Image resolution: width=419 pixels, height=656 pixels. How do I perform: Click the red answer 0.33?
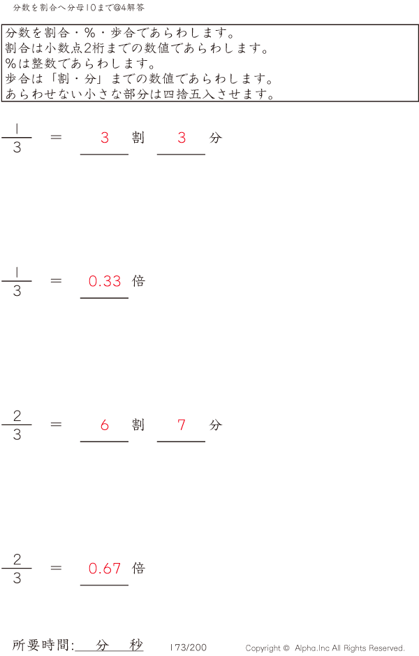click(x=105, y=281)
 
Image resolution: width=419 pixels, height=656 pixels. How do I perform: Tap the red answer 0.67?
click(x=105, y=569)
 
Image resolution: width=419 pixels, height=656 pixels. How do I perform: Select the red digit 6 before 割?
click(x=105, y=425)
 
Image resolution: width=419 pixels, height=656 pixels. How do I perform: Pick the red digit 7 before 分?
click(x=182, y=425)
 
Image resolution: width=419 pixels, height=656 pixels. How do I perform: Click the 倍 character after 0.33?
click(x=138, y=281)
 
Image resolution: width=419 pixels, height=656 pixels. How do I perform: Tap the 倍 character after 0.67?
click(x=138, y=569)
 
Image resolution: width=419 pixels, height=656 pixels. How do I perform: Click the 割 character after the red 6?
click(x=138, y=425)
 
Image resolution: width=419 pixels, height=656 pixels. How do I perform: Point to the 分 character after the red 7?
click(x=215, y=425)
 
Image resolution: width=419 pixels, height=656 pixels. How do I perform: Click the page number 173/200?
click(x=189, y=648)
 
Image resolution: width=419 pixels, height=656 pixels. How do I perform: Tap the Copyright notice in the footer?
click(x=325, y=648)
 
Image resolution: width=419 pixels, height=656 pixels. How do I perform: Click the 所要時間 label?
click(x=43, y=646)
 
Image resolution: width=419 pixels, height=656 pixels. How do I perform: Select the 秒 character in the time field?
click(x=136, y=645)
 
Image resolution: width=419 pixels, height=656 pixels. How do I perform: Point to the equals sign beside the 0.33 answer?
click(x=57, y=281)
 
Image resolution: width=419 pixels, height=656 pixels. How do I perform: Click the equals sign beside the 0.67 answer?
click(x=57, y=569)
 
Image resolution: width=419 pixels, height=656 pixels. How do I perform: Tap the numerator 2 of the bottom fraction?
click(x=17, y=559)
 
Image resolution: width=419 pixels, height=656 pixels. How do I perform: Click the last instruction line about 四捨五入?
click(x=140, y=94)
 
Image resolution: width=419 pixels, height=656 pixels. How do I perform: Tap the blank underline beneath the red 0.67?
click(x=105, y=584)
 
